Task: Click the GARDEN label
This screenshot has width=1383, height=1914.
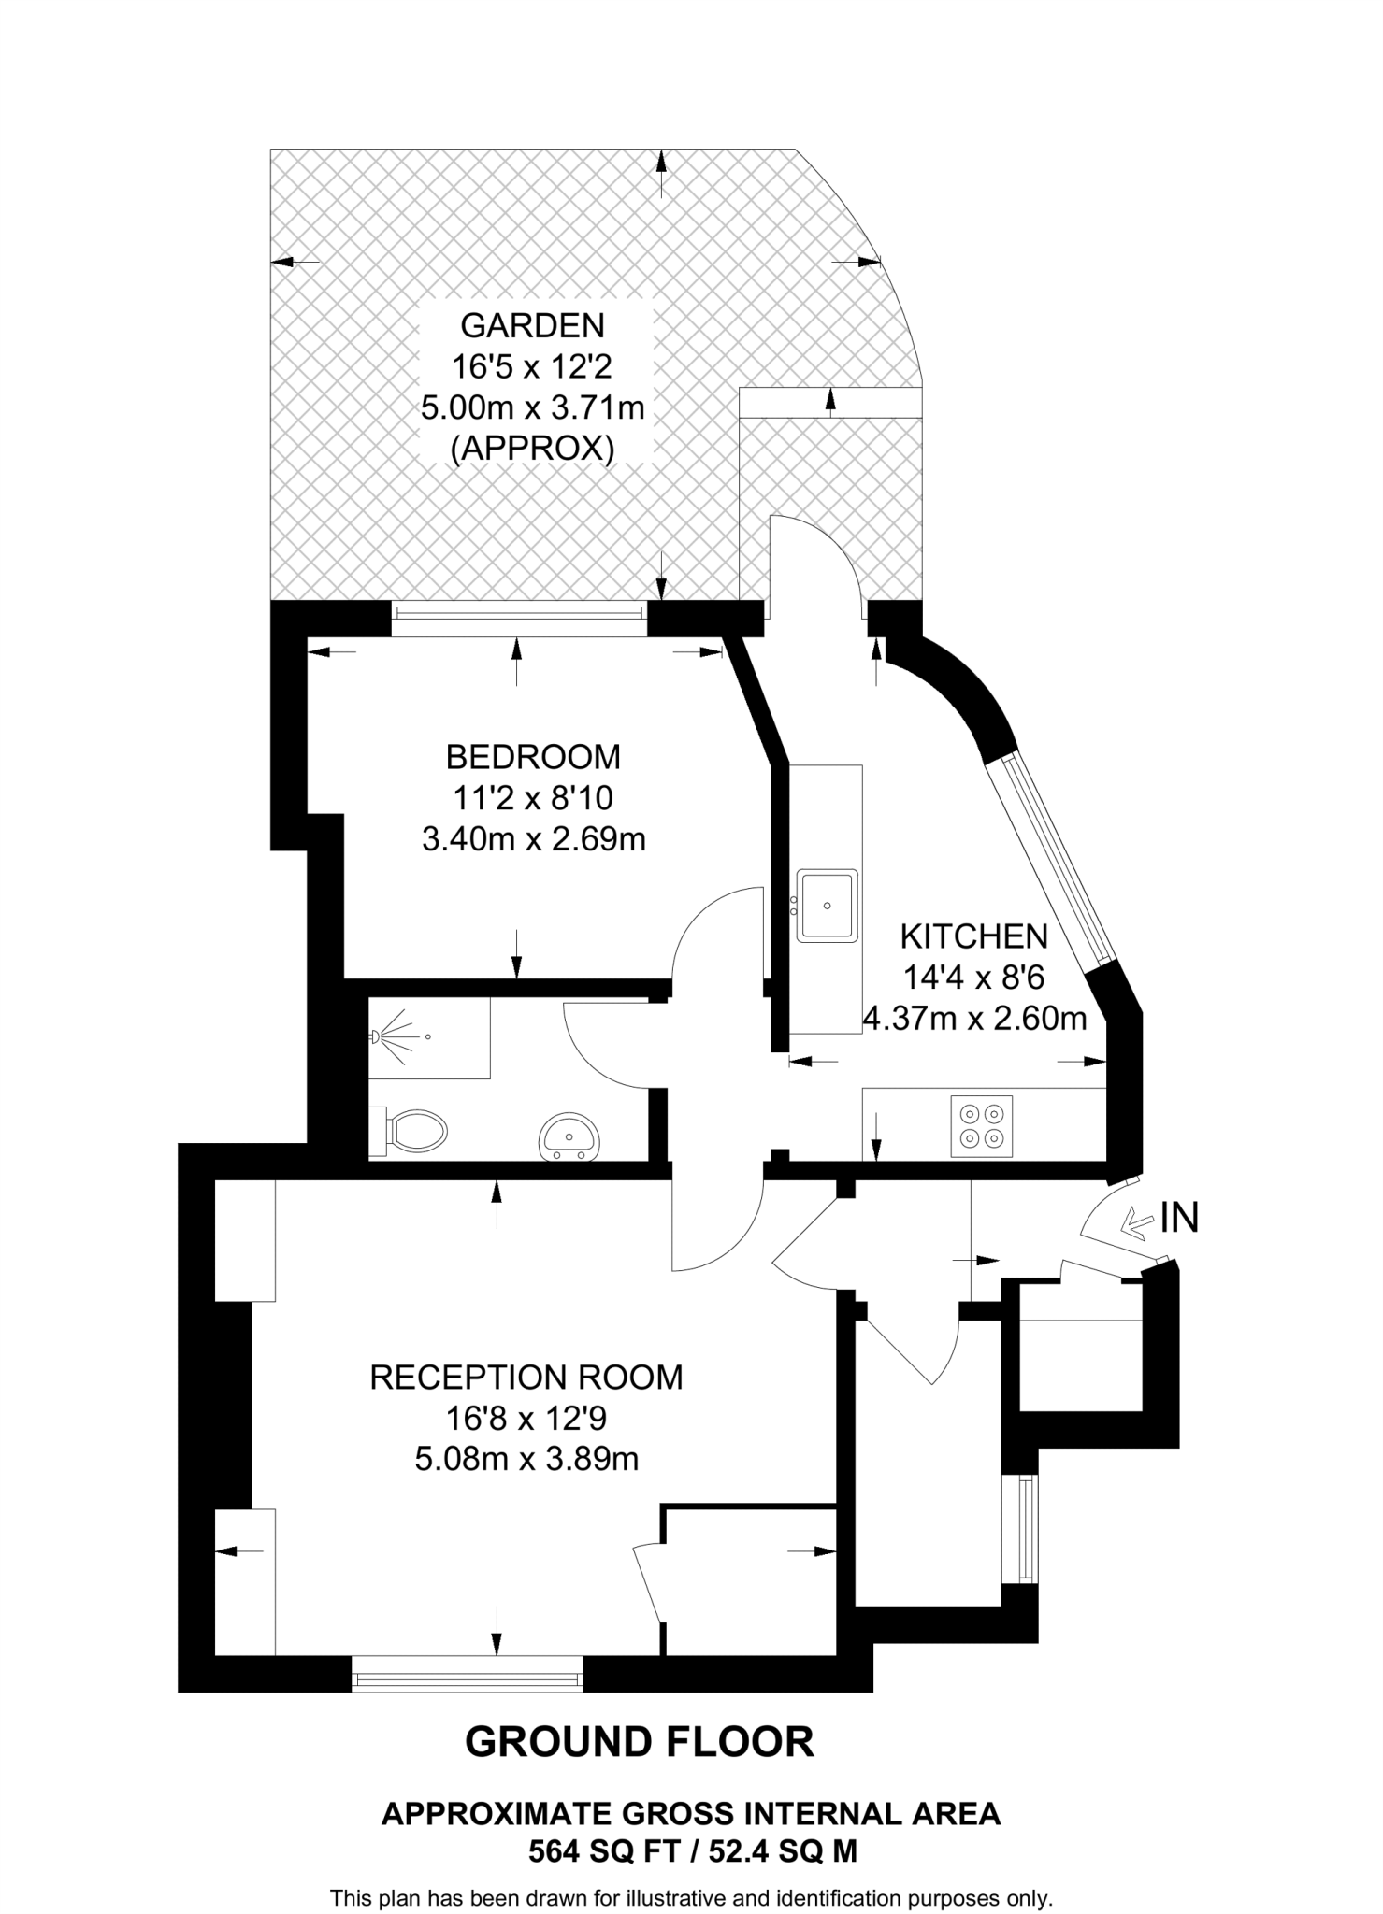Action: pos(532,325)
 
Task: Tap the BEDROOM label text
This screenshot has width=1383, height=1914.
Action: pos(533,756)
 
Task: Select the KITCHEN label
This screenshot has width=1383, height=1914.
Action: pos(973,936)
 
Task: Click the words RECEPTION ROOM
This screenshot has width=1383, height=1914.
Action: pos(526,1378)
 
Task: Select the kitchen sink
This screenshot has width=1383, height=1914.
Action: pos(827,905)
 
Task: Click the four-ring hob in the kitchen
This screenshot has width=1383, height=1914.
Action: pos(982,1125)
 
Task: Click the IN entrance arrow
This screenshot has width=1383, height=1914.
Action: pos(1136,1221)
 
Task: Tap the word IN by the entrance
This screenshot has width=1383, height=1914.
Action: pos(1179,1218)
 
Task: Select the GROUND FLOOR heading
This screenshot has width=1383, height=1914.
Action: pos(640,1742)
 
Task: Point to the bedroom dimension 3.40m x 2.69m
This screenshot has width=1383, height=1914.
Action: pos(533,839)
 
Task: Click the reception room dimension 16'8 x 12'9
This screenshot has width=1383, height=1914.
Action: pos(526,1419)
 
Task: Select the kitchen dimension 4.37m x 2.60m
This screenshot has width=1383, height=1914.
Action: pos(973,1018)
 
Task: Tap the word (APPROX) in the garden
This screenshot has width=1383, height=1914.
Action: pos(532,450)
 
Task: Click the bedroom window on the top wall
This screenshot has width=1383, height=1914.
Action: pos(518,612)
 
